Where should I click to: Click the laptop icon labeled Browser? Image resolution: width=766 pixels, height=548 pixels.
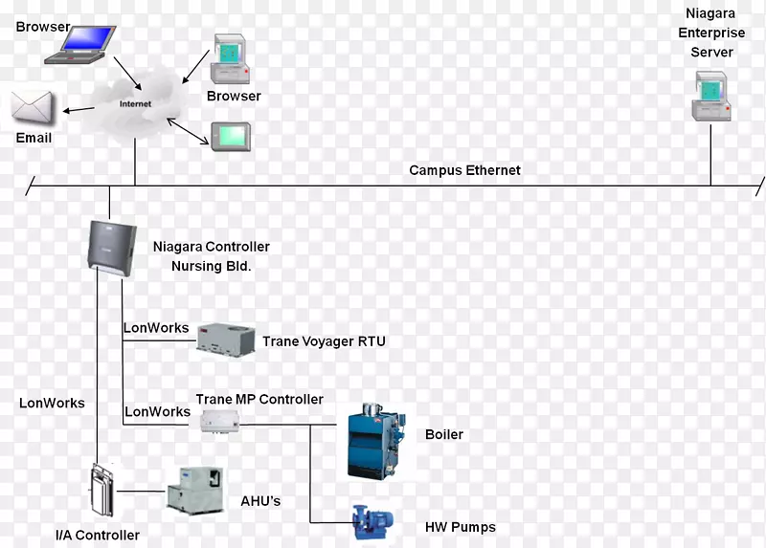(x=76, y=46)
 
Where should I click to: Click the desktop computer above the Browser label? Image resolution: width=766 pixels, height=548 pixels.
(x=231, y=60)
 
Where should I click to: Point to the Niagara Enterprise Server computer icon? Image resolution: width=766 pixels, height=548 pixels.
(x=710, y=98)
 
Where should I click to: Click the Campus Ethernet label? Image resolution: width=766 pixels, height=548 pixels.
(x=464, y=170)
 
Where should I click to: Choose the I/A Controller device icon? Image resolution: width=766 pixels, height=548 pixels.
(x=101, y=493)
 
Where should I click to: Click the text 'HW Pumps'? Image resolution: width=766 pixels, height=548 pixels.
(x=460, y=527)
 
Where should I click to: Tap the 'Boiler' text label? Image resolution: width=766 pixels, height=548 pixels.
(x=443, y=434)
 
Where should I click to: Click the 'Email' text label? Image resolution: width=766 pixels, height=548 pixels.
(x=34, y=138)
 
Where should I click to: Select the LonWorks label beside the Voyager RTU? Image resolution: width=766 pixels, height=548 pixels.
(x=156, y=328)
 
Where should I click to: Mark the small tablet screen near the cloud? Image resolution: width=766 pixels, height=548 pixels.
(x=231, y=136)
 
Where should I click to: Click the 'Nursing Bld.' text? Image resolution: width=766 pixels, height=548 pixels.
(x=211, y=266)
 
